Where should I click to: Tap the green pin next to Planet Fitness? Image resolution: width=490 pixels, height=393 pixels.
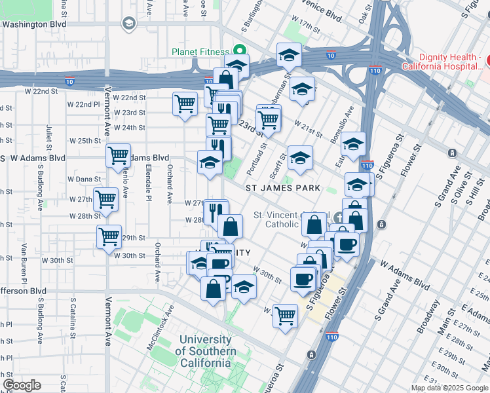pyautogui.click(x=240, y=50)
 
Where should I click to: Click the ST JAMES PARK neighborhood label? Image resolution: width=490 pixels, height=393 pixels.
pyautogui.click(x=283, y=188)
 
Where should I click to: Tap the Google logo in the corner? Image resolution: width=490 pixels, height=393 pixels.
pyautogui.click(x=22, y=384)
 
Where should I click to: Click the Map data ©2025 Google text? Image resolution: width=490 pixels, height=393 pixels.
pyautogui.click(x=450, y=388)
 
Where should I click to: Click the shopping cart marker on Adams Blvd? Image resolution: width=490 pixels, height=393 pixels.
pyautogui.click(x=119, y=156)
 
